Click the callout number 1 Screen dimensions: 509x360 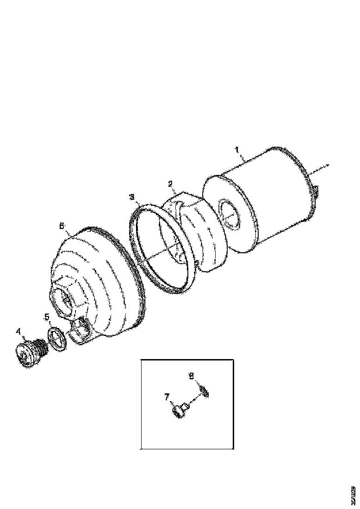[236, 150]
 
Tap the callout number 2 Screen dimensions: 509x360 [170, 184]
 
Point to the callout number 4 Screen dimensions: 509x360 [19, 331]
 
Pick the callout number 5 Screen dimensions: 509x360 [47, 317]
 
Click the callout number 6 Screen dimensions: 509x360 [62, 226]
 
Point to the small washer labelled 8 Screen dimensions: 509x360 [204, 391]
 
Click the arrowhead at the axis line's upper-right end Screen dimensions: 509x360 [327, 165]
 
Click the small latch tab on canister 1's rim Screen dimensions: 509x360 [316, 190]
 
